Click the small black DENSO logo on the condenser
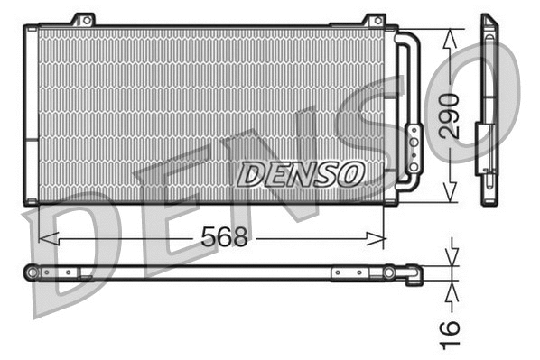point(302,172)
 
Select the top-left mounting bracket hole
point(84,19)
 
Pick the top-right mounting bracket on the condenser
point(374,20)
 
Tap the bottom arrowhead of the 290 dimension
point(451,196)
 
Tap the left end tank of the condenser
point(33,114)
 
